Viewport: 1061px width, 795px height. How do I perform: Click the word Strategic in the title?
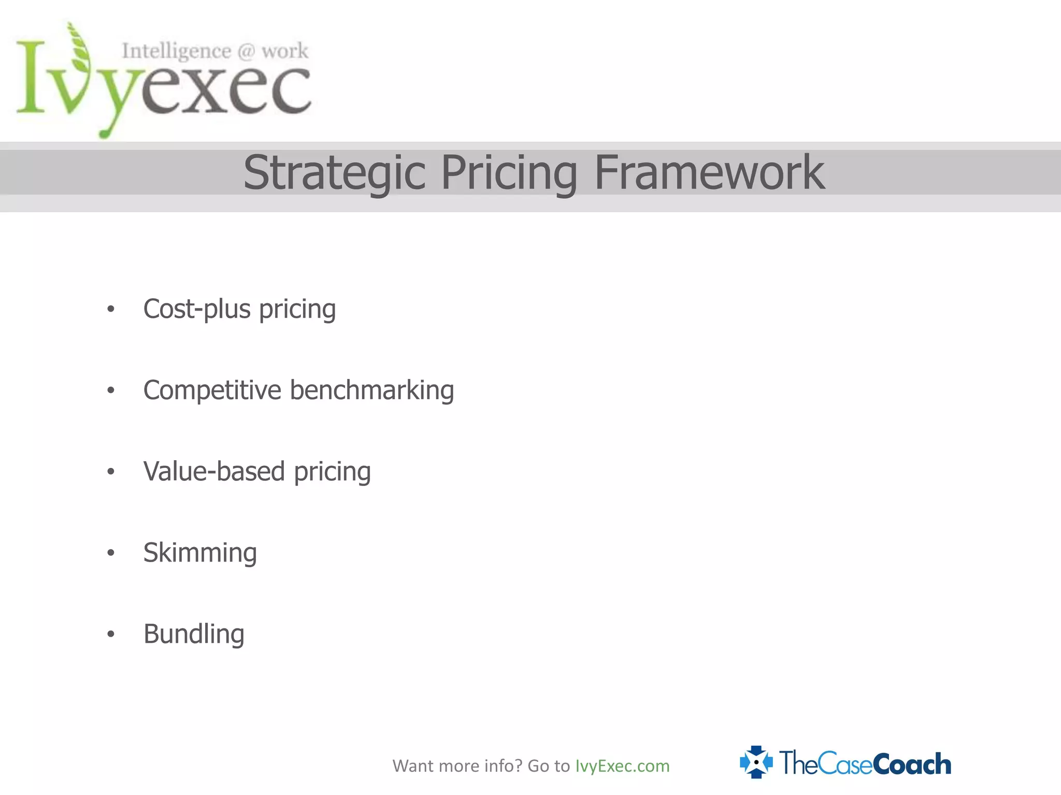pos(335,173)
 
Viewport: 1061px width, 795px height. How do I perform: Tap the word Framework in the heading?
pos(709,172)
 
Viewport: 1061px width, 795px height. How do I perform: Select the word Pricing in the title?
pos(509,173)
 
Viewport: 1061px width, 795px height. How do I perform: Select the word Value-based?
pos(214,471)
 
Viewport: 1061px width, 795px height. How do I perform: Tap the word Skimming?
pos(200,553)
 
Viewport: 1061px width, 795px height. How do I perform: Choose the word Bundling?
pos(194,634)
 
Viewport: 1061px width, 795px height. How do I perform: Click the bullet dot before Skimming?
pos(110,553)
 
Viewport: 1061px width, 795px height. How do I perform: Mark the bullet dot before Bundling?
pos(110,634)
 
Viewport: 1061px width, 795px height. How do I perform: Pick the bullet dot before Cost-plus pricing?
pos(110,310)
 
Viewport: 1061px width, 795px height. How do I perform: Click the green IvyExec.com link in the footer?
pos(622,765)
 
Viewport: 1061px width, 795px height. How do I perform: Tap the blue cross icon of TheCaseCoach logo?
pos(756,762)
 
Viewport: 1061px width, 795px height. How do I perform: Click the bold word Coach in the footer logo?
pos(912,764)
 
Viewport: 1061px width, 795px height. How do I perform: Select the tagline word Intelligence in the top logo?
pos(176,51)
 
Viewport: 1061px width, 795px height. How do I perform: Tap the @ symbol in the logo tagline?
pos(246,51)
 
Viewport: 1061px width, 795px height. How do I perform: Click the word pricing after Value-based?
pos(332,472)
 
